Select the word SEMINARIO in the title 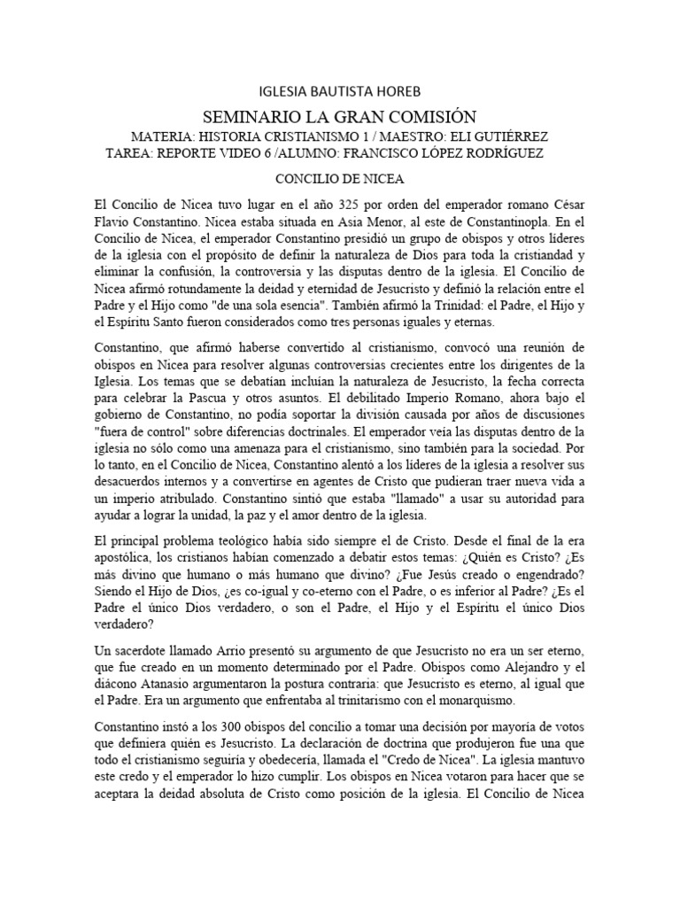pyautogui.click(x=248, y=116)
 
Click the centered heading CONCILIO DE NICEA pyautogui.click(x=340, y=178)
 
